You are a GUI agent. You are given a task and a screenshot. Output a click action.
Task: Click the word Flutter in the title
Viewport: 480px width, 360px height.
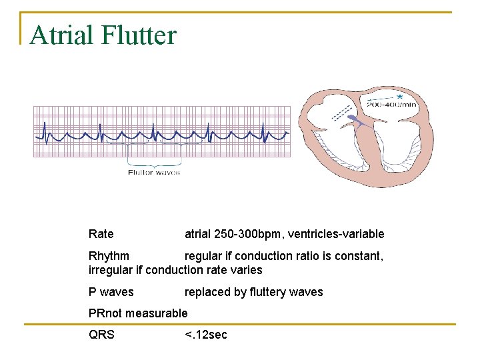(x=139, y=35)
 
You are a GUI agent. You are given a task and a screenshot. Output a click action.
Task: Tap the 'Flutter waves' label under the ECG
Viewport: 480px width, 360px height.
(x=154, y=173)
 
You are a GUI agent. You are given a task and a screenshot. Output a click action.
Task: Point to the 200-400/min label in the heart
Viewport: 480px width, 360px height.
(x=392, y=104)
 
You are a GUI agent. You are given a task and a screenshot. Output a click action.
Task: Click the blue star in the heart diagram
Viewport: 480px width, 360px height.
(x=399, y=97)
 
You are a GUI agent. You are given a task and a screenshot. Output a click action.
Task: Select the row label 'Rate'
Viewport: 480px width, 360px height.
(x=101, y=234)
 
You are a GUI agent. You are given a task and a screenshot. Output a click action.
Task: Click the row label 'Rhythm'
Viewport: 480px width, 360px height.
(x=109, y=256)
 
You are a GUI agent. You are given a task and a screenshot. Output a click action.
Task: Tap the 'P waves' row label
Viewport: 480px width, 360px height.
(x=111, y=292)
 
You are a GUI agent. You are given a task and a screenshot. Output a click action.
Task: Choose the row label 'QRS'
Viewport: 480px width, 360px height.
(x=101, y=335)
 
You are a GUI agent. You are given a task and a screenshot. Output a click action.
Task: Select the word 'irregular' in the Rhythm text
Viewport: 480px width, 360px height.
(x=111, y=270)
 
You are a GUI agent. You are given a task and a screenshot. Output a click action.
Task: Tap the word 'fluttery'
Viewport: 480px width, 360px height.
(x=263, y=292)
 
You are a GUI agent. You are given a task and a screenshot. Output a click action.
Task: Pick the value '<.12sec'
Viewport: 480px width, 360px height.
(x=206, y=335)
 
